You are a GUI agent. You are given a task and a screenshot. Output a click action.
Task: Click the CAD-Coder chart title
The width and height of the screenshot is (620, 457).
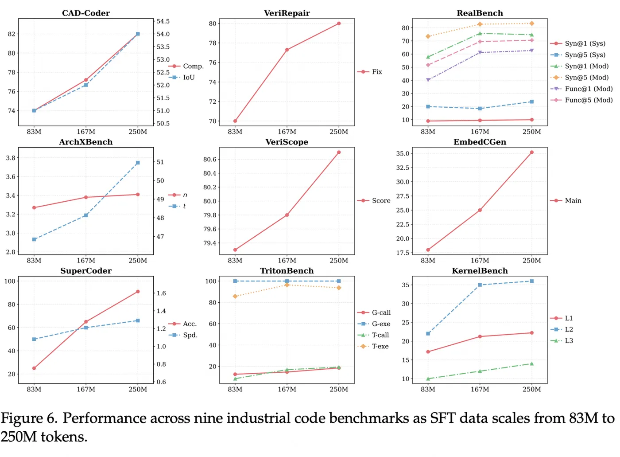coord(86,13)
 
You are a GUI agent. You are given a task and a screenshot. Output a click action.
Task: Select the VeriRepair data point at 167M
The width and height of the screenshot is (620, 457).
coord(287,50)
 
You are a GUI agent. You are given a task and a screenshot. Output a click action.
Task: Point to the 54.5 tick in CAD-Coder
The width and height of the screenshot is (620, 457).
coord(163,21)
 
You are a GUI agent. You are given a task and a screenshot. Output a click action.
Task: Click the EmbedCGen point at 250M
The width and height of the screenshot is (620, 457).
coord(531,152)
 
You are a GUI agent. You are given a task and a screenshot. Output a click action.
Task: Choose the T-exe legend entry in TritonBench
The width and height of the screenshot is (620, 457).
coord(380,347)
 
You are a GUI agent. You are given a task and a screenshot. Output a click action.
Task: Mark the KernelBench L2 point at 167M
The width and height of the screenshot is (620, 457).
coord(480,285)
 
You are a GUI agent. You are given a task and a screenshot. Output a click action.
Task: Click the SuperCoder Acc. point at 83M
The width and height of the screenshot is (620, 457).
coord(34,368)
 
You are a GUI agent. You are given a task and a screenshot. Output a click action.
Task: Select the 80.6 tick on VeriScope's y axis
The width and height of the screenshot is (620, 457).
coord(209,160)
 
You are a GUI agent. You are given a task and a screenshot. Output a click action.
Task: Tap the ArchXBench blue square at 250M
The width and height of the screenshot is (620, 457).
coord(138,163)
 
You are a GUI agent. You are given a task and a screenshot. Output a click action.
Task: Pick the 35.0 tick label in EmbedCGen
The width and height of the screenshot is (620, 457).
coord(403,154)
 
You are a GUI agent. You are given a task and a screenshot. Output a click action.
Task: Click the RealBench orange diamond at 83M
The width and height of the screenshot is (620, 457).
coord(428,36)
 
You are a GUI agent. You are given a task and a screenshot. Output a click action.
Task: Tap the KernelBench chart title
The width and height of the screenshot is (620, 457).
coord(480,271)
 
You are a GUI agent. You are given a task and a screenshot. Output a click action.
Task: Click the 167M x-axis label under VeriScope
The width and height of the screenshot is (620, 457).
coord(287,261)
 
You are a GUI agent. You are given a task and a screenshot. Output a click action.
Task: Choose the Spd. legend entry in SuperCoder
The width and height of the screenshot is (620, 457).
coord(190,335)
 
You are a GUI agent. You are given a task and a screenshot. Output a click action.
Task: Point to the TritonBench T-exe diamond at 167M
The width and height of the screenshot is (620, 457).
coord(287,285)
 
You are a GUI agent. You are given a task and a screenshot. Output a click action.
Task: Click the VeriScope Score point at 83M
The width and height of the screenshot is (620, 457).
coord(235,250)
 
